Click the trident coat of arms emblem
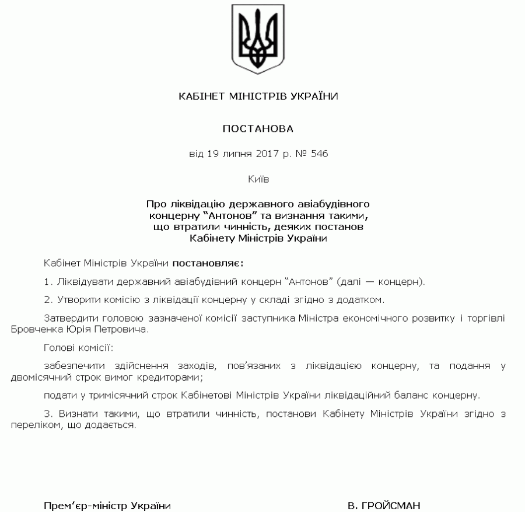[x=258, y=38]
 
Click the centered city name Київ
[x=258, y=179]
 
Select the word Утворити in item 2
[x=77, y=300]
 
